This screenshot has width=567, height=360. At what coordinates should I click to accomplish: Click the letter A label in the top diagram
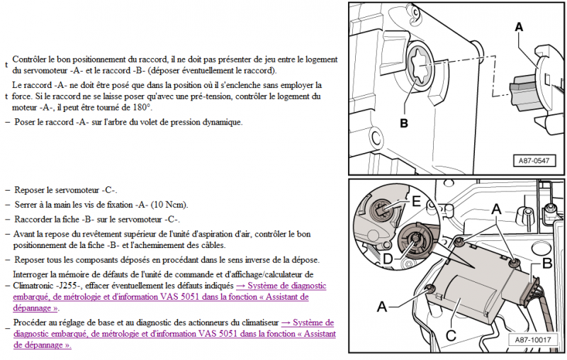(x=520, y=27)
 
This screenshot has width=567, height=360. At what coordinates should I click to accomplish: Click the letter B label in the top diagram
(x=404, y=123)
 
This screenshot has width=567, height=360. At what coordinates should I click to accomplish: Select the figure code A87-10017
(x=532, y=340)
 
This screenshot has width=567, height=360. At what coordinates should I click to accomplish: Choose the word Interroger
(x=34, y=274)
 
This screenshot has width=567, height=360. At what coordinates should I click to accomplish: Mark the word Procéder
(x=32, y=322)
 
